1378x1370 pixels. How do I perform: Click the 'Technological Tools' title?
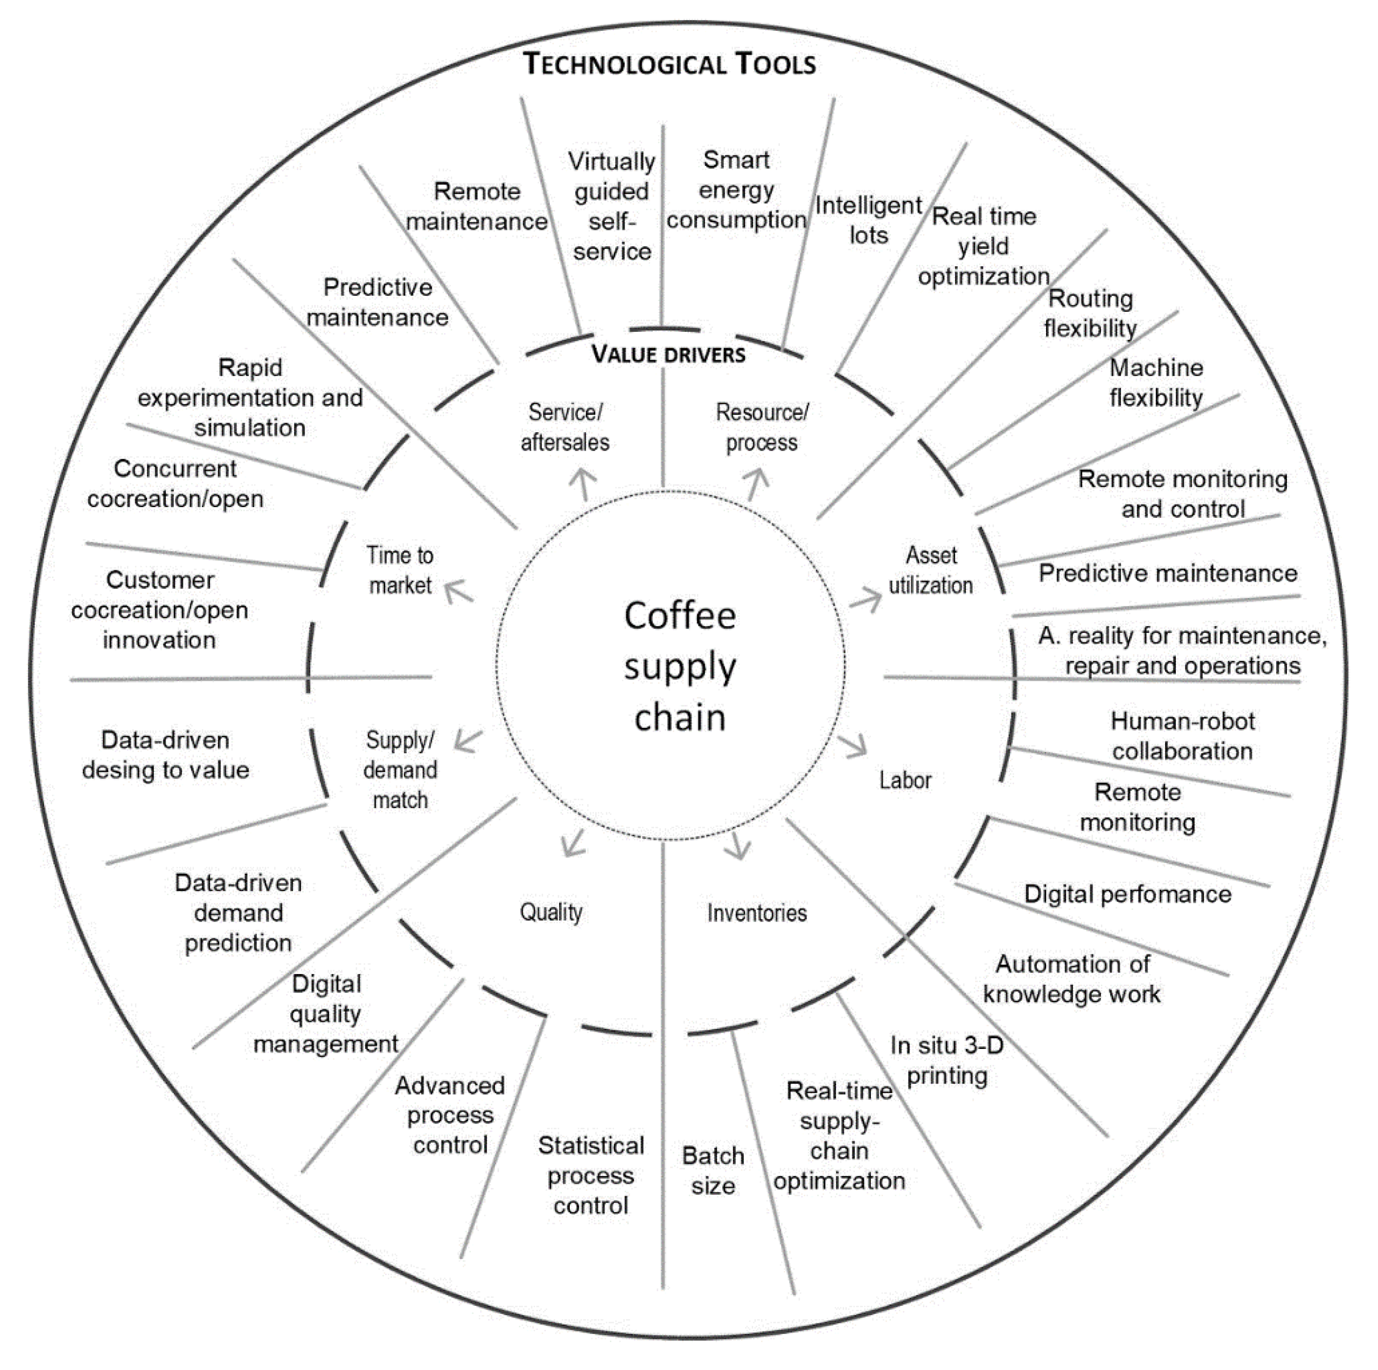(669, 64)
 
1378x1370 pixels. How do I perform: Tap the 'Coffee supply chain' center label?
(680, 667)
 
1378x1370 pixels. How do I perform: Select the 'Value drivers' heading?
(669, 354)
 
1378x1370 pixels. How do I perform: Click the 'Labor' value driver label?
(905, 780)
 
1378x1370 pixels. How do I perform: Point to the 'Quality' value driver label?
(551, 912)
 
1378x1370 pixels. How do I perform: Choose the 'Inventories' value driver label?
(757, 913)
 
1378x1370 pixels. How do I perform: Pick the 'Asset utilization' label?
(931, 571)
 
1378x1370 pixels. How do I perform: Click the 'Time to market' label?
(399, 571)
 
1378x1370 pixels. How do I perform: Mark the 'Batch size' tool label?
(713, 1171)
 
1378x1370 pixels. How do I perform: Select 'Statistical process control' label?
(590, 1175)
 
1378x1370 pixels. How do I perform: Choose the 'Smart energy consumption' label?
(736, 190)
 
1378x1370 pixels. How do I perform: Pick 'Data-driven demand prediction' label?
(238, 913)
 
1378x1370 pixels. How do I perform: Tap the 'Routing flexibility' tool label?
(1090, 313)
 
